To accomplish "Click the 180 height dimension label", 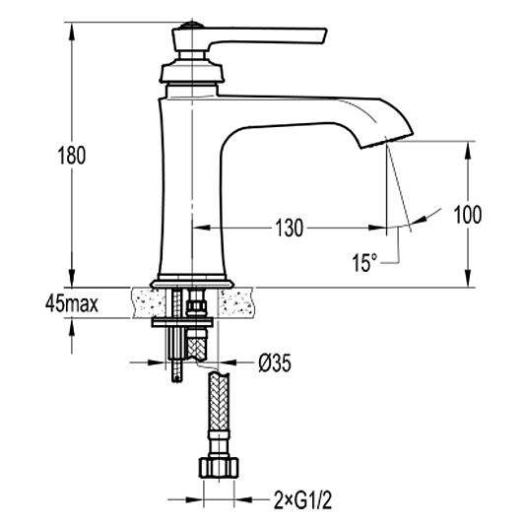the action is (72, 156).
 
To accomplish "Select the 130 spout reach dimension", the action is (290, 228).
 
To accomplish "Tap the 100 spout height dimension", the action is (468, 214).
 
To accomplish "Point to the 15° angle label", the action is (364, 262).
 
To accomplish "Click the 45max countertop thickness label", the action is (72, 304).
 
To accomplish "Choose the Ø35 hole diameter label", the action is (275, 362).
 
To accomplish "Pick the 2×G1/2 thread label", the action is (302, 501).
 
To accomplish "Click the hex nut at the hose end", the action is (219, 468).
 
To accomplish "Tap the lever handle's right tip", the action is (325, 35).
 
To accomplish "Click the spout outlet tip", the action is (386, 142).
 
